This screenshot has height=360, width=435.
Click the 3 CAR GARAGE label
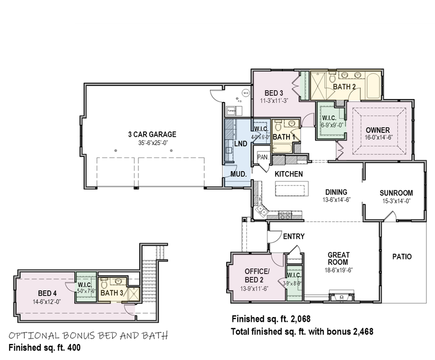pyautogui.click(x=152, y=134)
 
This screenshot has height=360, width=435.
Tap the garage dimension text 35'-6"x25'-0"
pyautogui.click(x=152, y=143)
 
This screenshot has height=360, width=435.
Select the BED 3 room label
pyautogui.click(x=274, y=93)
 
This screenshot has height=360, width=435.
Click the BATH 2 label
pyautogui.click(x=344, y=86)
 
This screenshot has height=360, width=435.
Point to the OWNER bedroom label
pyautogui.click(x=377, y=130)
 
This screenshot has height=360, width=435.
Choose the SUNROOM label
pyautogui.click(x=396, y=193)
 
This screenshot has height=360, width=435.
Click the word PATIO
pyautogui.click(x=402, y=257)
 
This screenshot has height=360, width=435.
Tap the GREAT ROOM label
pyautogui.click(x=338, y=259)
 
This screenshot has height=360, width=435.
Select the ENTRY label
pyautogui.click(x=293, y=236)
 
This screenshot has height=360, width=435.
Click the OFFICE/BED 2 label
pyautogui.click(x=257, y=275)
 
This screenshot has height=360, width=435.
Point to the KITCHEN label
pyautogui.click(x=289, y=174)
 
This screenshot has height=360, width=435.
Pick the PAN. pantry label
pyautogui.click(x=263, y=157)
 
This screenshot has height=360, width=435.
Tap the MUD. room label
pyautogui.click(x=238, y=173)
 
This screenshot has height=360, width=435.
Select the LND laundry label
pyautogui.click(x=241, y=144)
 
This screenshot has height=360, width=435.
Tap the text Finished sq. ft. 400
pyautogui.click(x=44, y=347)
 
